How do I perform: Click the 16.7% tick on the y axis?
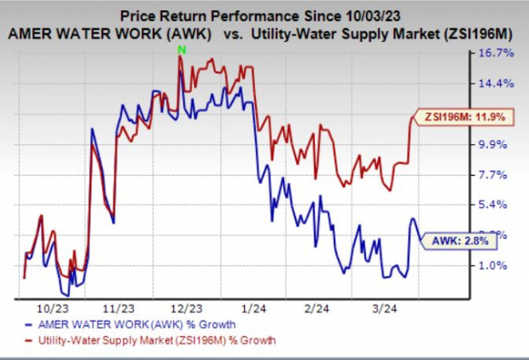(497, 53)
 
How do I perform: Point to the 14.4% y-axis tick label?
(497, 84)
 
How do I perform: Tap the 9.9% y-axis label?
(497, 144)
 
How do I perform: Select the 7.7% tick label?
(497, 175)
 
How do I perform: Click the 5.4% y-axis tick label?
(497, 205)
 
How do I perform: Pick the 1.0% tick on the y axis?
(497, 265)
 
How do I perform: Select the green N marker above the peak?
(181, 51)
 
